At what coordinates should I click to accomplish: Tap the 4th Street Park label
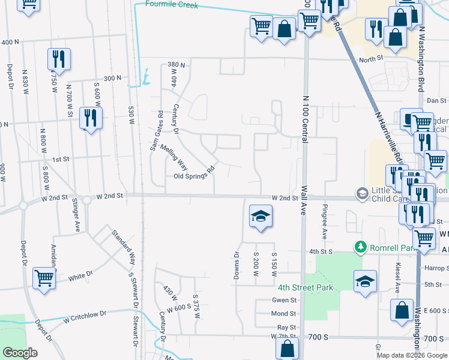305,288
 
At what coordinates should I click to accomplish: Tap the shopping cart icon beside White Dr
44,278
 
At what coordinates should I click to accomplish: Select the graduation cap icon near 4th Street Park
365,281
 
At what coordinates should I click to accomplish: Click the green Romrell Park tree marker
360,247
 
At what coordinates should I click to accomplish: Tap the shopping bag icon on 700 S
288,349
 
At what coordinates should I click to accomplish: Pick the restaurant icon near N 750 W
59,59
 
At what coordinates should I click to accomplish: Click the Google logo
20,353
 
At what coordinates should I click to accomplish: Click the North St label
371,59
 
